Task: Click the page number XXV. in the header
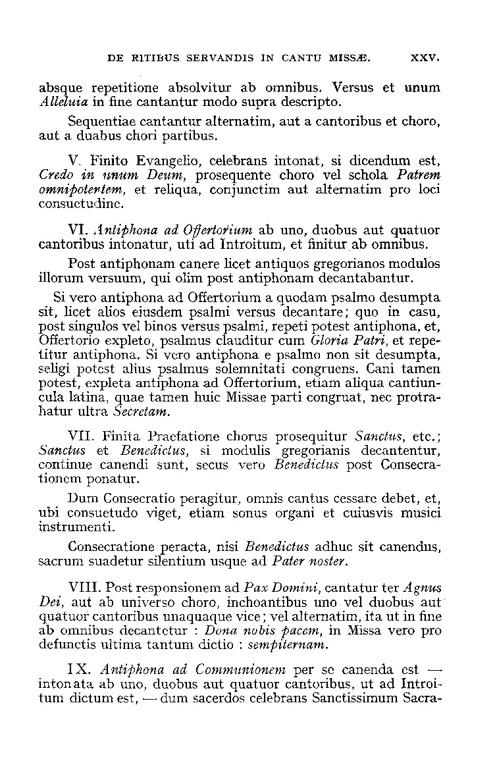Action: click(x=425, y=58)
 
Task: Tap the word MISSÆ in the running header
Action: click(x=350, y=58)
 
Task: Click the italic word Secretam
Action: click(x=142, y=413)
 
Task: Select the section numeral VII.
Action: click(x=82, y=436)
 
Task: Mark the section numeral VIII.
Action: click(x=86, y=586)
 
